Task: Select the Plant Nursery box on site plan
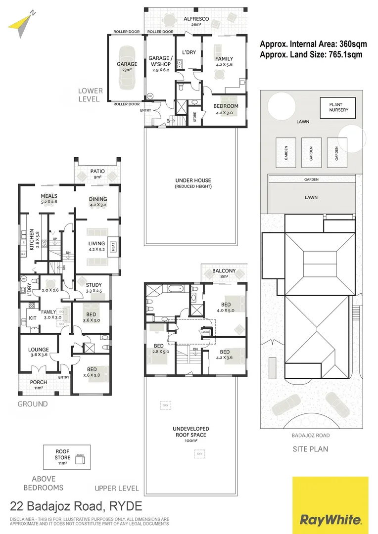tap(338, 107)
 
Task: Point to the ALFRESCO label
tap(196, 19)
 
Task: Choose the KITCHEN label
tap(31, 239)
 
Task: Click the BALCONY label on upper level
tap(224, 271)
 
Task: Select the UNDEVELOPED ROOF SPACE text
tap(190, 432)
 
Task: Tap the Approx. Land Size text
tap(311, 55)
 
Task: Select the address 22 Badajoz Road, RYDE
tap(76, 506)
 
